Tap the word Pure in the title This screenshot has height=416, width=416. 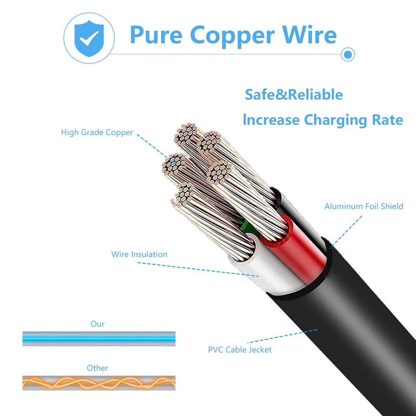coord(155,35)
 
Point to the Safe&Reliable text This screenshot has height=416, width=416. coord(294,95)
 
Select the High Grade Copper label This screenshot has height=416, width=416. coord(97,132)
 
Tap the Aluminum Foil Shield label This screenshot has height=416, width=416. coord(363,206)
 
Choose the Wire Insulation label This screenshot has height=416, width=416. coord(139,254)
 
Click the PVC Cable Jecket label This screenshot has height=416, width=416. coord(240,349)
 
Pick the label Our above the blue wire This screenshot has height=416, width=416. coord(97,324)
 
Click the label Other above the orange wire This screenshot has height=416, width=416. coord(97,368)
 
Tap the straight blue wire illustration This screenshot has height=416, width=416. coord(99,339)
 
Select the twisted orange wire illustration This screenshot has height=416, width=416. coord(99,383)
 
